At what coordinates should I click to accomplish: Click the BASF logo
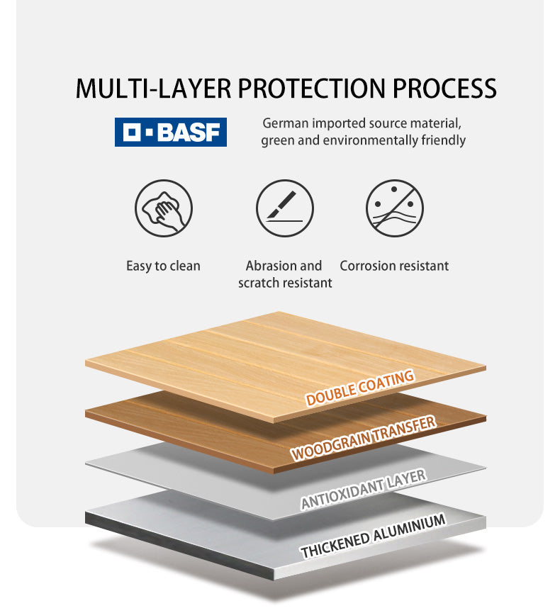(171, 132)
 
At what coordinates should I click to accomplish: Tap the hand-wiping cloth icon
(164, 208)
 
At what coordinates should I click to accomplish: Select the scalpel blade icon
(285, 208)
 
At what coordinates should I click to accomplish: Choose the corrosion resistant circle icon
(395, 208)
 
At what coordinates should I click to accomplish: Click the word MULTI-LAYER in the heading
(153, 89)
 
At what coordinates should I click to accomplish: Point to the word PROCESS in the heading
(444, 89)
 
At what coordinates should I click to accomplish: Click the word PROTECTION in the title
(312, 89)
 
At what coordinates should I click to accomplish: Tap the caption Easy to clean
(163, 266)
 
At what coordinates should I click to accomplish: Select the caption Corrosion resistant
(394, 266)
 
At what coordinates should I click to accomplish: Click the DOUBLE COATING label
(360, 388)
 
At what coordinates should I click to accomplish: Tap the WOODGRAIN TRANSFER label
(363, 438)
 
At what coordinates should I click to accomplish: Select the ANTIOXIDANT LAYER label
(364, 489)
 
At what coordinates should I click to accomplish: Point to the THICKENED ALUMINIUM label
(373, 535)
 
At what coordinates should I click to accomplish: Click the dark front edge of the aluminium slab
(179, 546)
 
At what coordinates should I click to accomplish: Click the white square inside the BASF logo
(132, 132)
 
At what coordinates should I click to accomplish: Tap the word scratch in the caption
(259, 283)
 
